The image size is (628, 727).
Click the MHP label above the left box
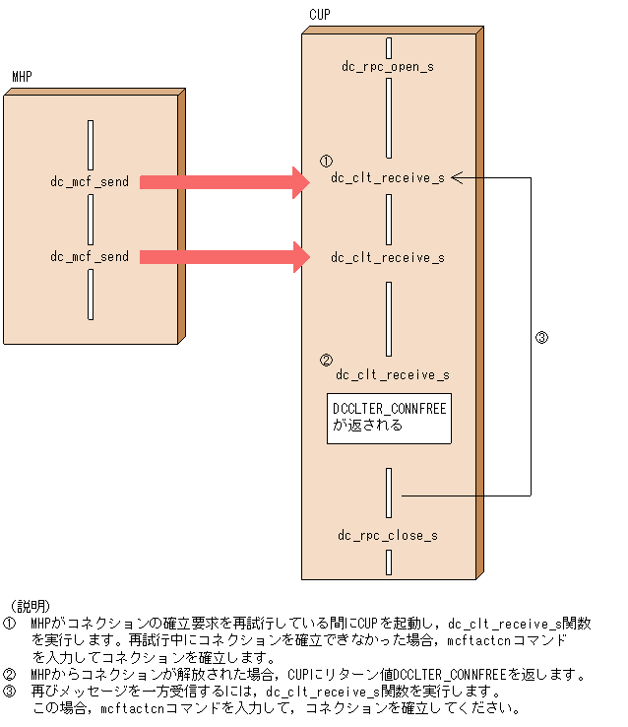coord(21,76)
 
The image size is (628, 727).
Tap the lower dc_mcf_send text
coord(90,257)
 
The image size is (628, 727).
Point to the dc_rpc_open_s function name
coord(388,67)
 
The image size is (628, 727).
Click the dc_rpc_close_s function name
coord(388,536)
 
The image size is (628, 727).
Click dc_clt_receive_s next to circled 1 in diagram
coord(388,178)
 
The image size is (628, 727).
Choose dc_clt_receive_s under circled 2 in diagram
coord(393,375)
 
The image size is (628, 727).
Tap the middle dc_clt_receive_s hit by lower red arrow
coord(388,257)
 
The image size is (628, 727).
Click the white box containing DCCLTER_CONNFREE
coord(390,418)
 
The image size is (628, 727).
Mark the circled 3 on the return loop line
coord(540,338)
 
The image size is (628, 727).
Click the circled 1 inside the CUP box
coord(327,161)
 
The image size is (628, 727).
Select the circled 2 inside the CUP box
coord(327,361)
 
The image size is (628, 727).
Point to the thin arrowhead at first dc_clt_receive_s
coord(458,178)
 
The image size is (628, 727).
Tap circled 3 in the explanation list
coord(10,692)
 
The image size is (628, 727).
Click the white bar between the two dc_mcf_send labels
coord(91,219)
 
